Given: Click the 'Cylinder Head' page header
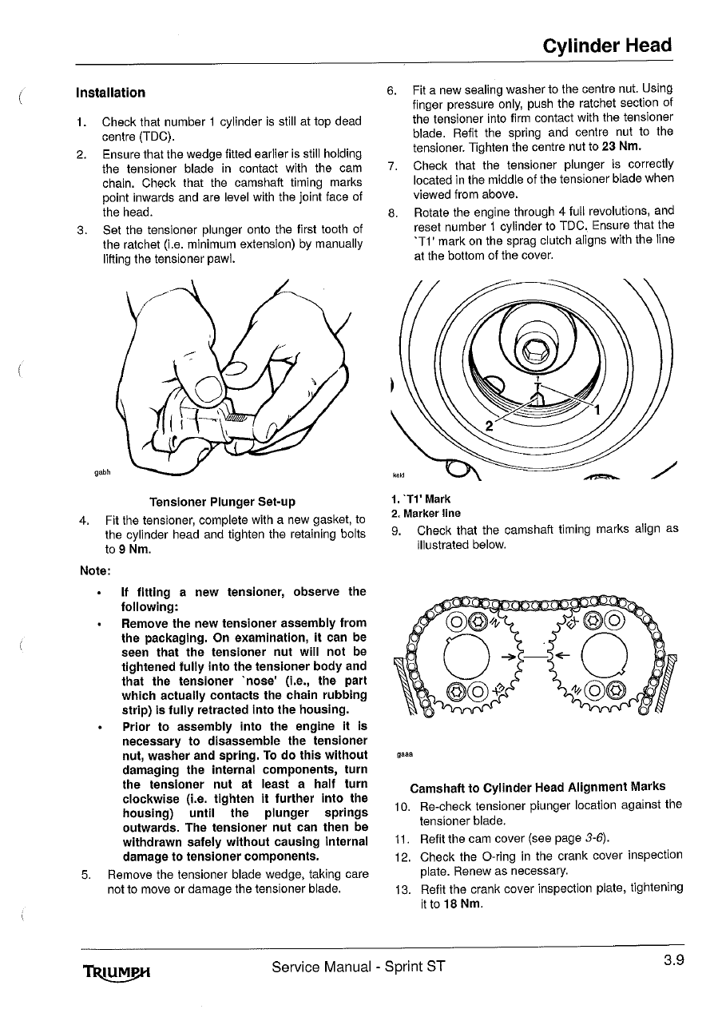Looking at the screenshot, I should tap(607, 46).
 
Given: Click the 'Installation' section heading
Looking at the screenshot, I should tap(110, 93).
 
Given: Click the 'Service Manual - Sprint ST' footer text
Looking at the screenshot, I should tap(359, 967).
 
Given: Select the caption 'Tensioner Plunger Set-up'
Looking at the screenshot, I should tap(222, 502).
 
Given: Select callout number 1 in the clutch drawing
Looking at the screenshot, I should tap(595, 411).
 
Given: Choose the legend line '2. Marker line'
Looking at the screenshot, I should tap(426, 514).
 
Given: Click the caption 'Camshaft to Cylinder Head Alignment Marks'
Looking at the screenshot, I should tap(537, 786).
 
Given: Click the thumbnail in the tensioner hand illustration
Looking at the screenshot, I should tap(208, 387).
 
